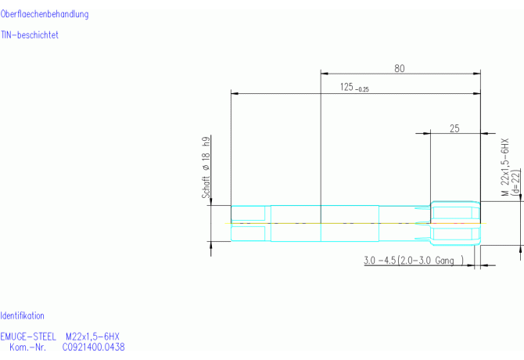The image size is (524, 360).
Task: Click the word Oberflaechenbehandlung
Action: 45,14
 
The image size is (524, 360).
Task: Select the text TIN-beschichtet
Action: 30,34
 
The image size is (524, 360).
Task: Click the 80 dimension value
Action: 400,68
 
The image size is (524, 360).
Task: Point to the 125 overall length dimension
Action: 346,87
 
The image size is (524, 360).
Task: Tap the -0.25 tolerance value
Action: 362,89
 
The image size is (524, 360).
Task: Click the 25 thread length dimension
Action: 454,128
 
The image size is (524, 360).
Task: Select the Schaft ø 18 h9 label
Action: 206,167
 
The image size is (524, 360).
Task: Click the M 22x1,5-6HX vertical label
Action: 504,167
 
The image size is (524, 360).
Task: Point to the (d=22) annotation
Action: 516,182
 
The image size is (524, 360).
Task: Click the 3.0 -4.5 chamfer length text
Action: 379,260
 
